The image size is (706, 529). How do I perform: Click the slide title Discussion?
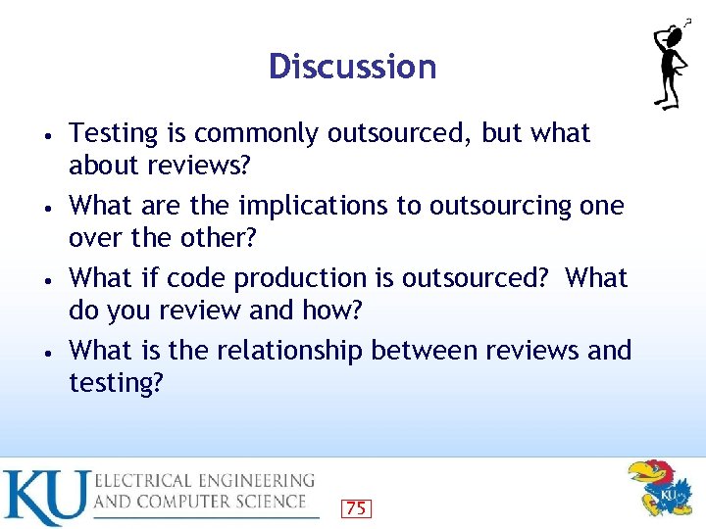click(352, 67)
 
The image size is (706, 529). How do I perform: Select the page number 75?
click(356, 507)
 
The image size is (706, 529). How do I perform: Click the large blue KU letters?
click(45, 497)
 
